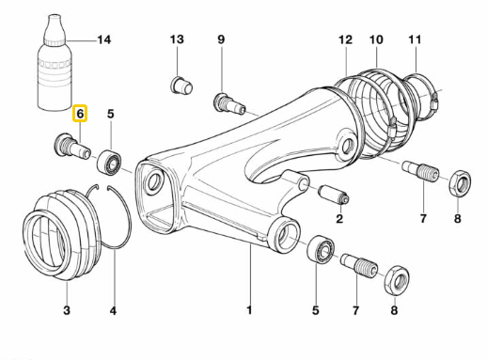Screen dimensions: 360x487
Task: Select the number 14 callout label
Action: pyautogui.click(x=103, y=39)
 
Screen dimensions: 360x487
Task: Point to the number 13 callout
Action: pyautogui.click(x=178, y=39)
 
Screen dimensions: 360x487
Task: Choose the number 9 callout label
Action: pyautogui.click(x=221, y=39)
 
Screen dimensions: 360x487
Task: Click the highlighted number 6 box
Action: pyautogui.click(x=81, y=114)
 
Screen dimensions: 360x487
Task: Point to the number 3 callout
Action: pyautogui.click(x=67, y=310)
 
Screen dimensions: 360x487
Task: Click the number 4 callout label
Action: pyautogui.click(x=113, y=310)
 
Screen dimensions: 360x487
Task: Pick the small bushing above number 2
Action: pyautogui.click(x=335, y=196)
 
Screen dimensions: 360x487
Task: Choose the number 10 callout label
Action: pyautogui.click(x=376, y=39)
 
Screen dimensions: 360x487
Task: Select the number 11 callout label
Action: pyautogui.click(x=414, y=39)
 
